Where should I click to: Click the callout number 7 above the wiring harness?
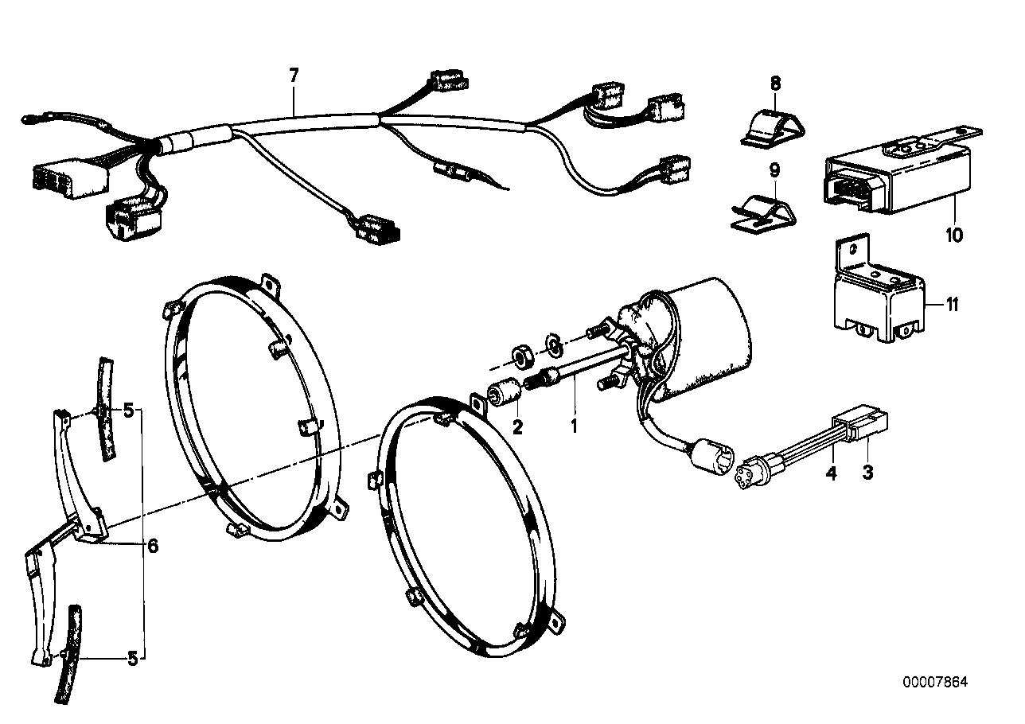[x=294, y=76]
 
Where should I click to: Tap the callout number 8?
[x=775, y=83]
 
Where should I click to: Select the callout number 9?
[x=775, y=169]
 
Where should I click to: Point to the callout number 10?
[x=954, y=235]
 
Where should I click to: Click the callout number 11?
[x=952, y=304]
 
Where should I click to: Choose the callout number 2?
[x=517, y=427]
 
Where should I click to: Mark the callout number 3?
[x=867, y=473]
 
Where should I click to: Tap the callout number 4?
[x=831, y=473]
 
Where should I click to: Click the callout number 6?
[x=153, y=546]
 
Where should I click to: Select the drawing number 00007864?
[x=935, y=683]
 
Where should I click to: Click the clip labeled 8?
[x=771, y=127]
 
